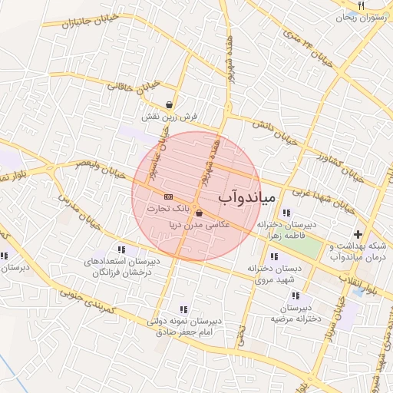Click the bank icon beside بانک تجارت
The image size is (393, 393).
click(168, 197)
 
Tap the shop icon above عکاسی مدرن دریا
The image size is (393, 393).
click(200, 213)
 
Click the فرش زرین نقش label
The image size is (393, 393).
click(169, 117)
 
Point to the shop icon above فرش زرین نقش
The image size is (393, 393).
click(169, 105)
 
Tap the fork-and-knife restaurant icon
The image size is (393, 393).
click(362, 5)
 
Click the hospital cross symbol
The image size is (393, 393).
click(358, 234)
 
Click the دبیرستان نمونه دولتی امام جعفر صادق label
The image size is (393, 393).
click(184, 325)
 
